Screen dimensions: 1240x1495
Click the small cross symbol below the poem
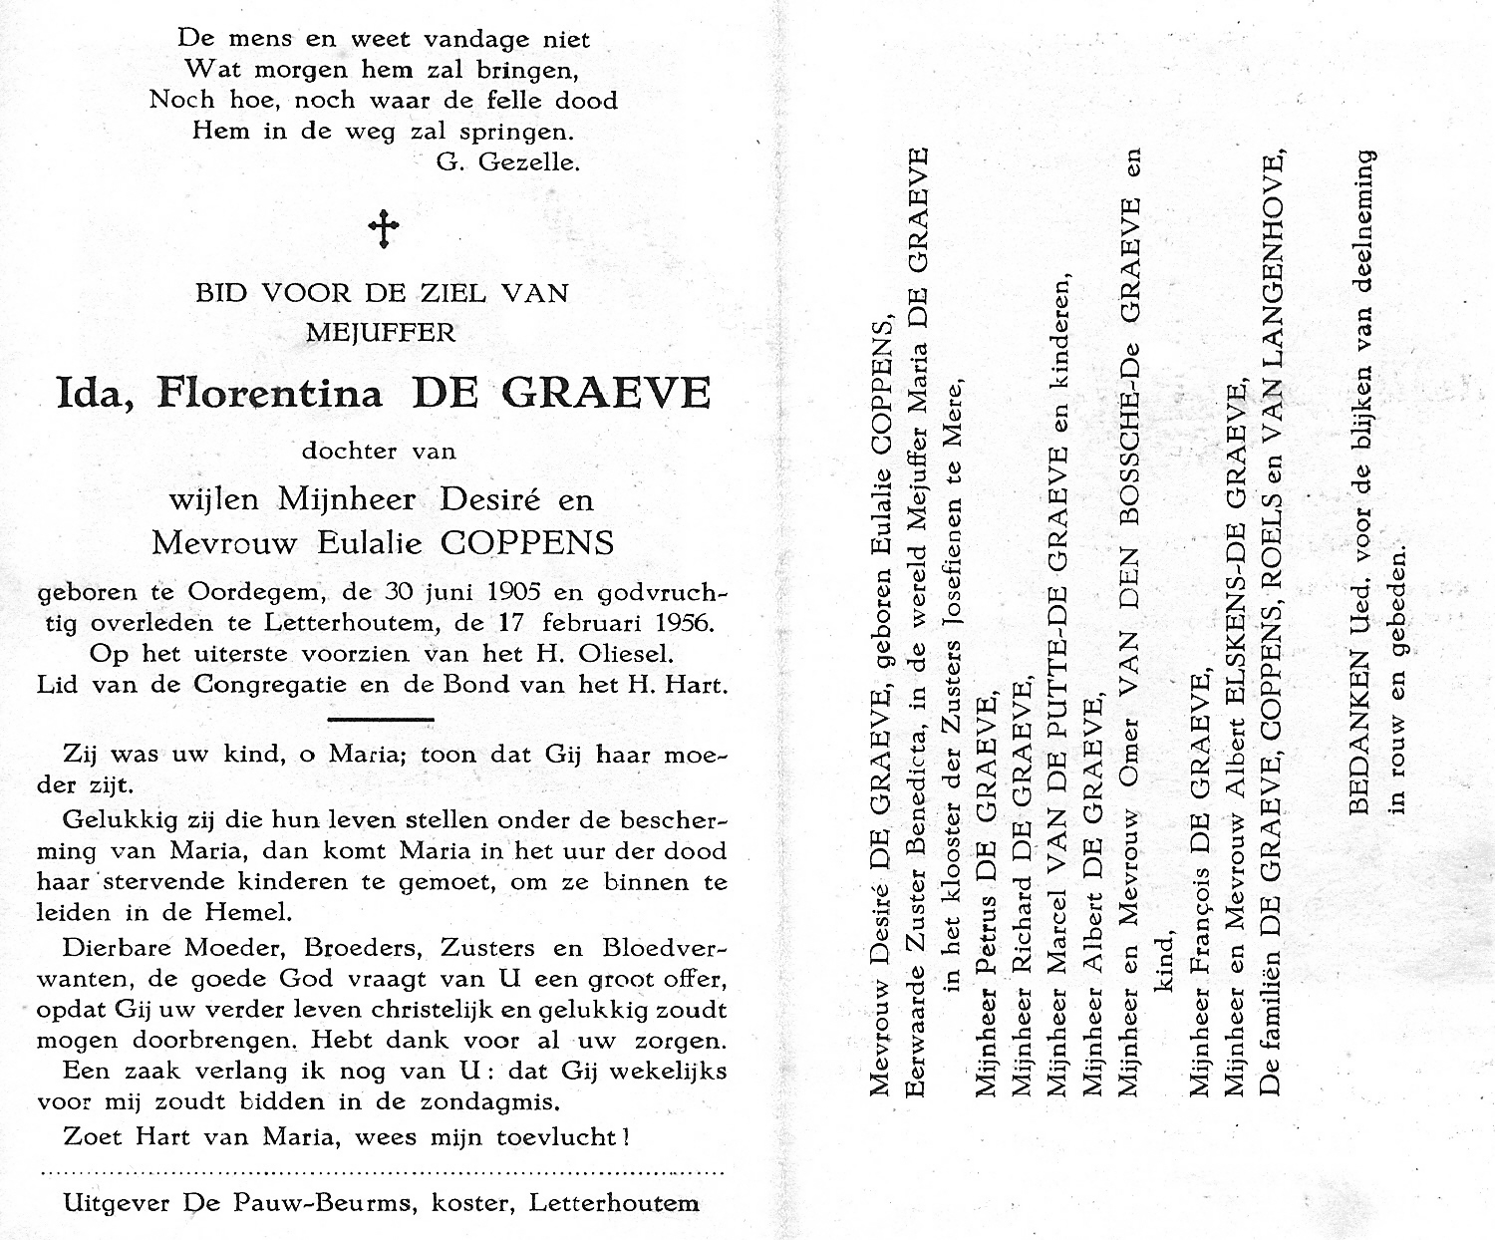point(384,229)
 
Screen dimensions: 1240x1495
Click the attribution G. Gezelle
point(507,161)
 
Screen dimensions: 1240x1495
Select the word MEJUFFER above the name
point(381,332)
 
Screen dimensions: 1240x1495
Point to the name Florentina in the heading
point(269,394)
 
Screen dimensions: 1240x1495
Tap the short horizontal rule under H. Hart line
point(380,719)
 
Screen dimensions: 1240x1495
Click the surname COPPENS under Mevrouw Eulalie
point(527,543)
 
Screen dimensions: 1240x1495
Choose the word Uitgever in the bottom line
point(118,1203)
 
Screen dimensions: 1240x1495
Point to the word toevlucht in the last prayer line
point(554,1136)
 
